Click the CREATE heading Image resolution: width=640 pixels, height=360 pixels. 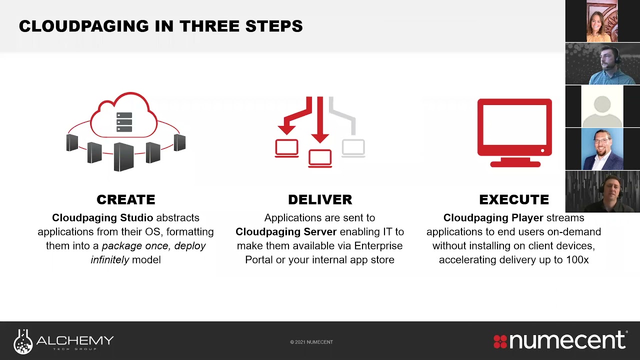tap(125, 199)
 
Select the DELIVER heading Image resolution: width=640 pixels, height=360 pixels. tap(320, 199)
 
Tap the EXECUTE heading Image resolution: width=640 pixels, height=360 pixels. tap(514, 199)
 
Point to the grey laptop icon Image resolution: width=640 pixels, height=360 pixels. tap(353, 149)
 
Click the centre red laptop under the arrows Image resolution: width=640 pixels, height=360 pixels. tap(320, 158)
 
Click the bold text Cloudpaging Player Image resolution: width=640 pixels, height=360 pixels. tap(493, 218)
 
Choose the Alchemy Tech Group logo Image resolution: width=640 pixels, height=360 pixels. tap(64, 341)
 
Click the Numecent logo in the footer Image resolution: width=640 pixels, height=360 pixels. tap(560, 340)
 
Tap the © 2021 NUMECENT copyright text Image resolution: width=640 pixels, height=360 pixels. tap(311, 342)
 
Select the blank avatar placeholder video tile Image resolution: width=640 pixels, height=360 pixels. tap(602, 106)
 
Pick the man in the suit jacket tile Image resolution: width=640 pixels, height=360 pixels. tap(602, 149)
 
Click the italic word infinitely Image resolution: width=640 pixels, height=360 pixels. tap(109, 260)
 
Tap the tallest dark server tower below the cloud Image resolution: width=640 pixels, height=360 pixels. tap(124, 156)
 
